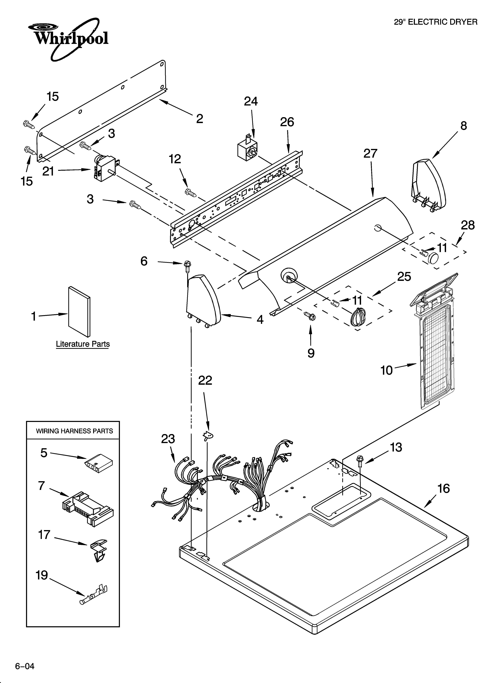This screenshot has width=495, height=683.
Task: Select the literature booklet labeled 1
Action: [79, 311]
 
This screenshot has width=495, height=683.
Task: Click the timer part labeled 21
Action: [104, 169]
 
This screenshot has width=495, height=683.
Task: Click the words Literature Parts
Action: [83, 344]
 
